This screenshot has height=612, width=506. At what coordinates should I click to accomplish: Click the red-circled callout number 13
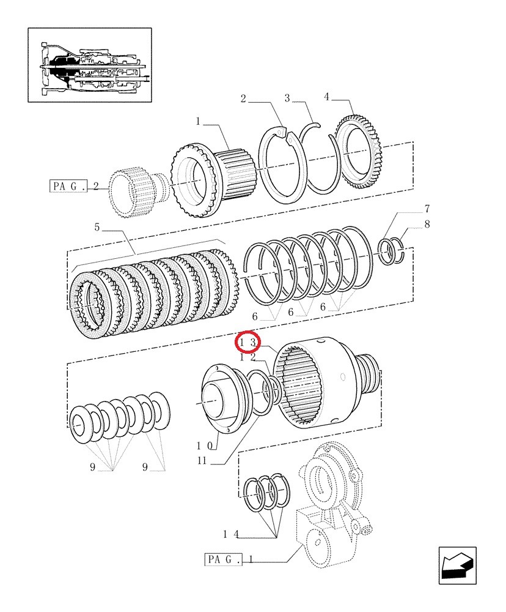(247, 343)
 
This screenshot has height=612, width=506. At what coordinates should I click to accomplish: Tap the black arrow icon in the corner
(457, 565)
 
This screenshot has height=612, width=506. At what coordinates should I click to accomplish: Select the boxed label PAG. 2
(74, 186)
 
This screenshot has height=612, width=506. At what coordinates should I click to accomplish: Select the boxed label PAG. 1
(229, 559)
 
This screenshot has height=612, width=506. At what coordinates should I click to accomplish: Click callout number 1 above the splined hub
(198, 121)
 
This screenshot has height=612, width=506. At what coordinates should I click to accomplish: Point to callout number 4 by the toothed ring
(326, 97)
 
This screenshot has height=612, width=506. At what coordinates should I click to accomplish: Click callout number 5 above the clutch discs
(97, 227)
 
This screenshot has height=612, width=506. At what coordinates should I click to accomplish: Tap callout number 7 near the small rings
(427, 209)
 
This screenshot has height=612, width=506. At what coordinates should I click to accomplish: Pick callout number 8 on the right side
(427, 224)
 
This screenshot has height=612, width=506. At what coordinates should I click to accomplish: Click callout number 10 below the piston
(205, 446)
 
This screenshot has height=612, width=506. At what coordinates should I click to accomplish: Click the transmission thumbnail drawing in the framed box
(90, 65)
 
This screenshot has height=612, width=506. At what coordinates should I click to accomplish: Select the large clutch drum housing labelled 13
(327, 383)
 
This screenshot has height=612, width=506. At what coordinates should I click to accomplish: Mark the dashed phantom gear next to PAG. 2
(139, 192)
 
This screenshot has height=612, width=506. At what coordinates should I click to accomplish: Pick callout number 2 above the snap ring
(243, 99)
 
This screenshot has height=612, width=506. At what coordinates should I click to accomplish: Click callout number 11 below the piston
(202, 461)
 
